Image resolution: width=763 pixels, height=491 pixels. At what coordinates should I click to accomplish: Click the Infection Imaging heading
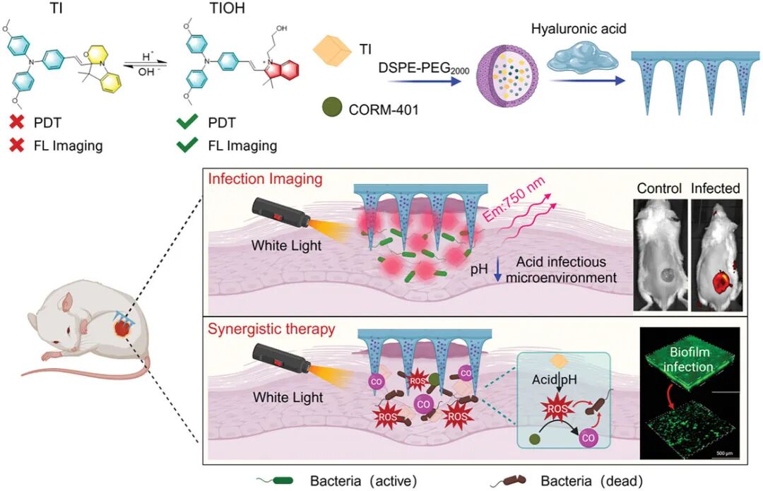pos(265,179)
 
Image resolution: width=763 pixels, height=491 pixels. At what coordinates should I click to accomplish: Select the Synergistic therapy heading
pos(271,329)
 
